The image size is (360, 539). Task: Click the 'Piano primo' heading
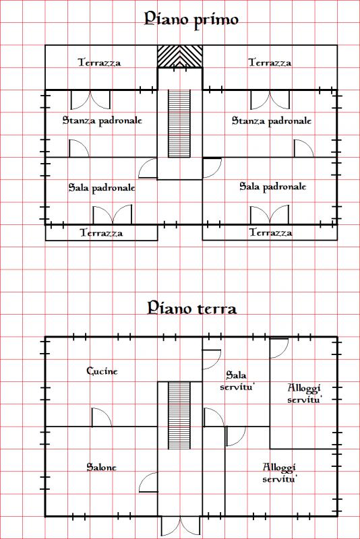(191, 20)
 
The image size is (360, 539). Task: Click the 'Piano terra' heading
(192, 308)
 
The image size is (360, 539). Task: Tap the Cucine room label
(102, 371)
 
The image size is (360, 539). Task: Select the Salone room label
(101, 467)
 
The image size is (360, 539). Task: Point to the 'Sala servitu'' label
(237, 380)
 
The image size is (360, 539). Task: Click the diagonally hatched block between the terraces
(180, 57)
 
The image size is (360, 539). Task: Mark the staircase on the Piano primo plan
(179, 123)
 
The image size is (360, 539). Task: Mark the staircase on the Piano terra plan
(179, 415)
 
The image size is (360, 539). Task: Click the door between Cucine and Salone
(102, 417)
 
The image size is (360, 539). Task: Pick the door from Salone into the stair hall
(148, 482)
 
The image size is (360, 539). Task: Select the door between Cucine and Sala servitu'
(212, 360)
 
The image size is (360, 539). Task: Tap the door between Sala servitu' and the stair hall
(213, 417)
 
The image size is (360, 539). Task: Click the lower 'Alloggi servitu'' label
(279, 473)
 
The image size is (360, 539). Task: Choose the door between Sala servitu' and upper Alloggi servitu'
(279, 348)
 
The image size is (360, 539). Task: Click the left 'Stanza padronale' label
(102, 121)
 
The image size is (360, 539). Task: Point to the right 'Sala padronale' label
(272, 187)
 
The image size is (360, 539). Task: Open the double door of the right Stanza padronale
(270, 100)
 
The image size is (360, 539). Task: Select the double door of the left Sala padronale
(113, 215)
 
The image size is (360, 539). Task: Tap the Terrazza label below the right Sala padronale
(270, 232)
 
